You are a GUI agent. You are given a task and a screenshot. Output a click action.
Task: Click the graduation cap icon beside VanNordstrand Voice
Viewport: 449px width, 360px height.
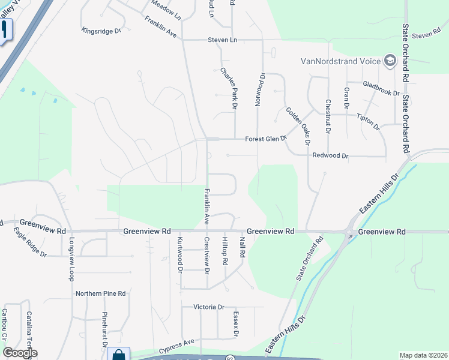(390, 61)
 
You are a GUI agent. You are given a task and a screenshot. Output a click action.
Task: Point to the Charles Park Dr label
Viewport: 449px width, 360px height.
(229, 88)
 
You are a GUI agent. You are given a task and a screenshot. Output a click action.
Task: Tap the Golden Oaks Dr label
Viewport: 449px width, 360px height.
(298, 126)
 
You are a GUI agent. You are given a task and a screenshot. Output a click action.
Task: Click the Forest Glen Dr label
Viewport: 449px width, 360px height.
(266, 139)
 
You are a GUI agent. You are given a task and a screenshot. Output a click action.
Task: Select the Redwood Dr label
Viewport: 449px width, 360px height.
(330, 155)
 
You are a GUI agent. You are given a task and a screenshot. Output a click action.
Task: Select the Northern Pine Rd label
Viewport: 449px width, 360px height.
(100, 293)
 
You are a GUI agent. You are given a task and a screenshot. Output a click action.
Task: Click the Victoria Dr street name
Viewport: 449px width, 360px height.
(209, 307)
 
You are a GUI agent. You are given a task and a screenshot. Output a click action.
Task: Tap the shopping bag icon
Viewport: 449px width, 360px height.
(118, 355)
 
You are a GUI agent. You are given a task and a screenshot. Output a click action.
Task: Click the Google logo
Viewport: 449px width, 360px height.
(20, 353)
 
